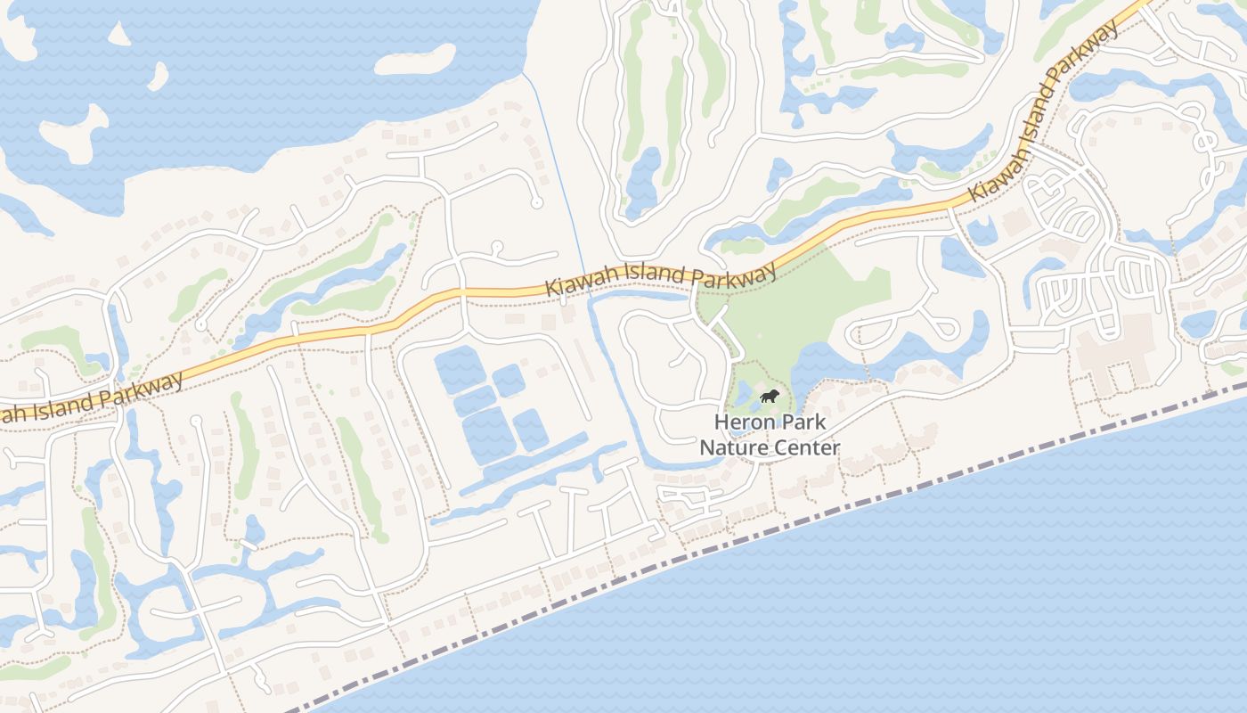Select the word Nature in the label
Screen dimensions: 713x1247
pyautogui.click(x=730, y=447)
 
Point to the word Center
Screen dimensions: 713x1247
pyautogui.click(x=803, y=447)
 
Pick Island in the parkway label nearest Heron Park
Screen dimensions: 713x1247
pyautogui.click(x=656, y=277)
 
